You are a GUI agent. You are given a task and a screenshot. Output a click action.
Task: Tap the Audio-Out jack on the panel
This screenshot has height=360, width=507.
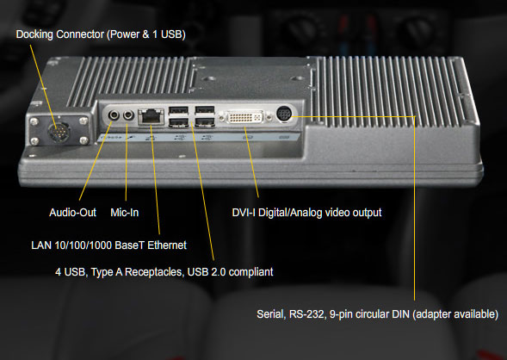tap(114, 115)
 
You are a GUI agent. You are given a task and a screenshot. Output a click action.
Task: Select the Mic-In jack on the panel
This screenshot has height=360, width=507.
tap(129, 115)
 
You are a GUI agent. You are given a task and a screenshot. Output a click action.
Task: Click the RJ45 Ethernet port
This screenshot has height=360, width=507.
tap(151, 117)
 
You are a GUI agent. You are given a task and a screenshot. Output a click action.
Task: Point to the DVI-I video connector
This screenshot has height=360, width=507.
tap(244, 117)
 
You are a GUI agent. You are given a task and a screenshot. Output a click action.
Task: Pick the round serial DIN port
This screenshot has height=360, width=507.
tap(285, 114)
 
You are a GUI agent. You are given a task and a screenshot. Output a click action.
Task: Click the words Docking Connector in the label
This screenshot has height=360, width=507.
tap(60, 34)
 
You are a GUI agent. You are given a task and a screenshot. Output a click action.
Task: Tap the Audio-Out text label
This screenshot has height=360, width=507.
tap(73, 213)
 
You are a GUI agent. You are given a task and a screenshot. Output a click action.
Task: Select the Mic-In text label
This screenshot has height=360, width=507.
tap(125, 213)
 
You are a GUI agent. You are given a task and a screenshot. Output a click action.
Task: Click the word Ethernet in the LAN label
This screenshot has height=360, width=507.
tap(167, 245)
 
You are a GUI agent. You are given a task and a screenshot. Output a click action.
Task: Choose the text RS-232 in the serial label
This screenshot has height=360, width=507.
tap(307, 314)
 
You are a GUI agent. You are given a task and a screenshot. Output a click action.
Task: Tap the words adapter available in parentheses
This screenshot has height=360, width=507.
tap(455, 314)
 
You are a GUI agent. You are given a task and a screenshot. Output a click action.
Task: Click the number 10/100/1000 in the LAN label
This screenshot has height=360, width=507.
tap(83, 245)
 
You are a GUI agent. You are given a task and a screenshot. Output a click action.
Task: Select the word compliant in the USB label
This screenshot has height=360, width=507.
tap(250, 272)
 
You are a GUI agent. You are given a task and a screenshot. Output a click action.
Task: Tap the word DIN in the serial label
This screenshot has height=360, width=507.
tap(400, 314)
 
